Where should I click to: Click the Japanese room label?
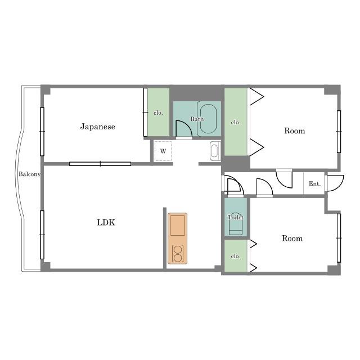point(97,127)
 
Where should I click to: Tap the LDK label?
point(106,222)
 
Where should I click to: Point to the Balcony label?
point(29,174)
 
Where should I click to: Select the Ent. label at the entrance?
point(314,184)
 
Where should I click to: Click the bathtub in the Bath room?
point(208,119)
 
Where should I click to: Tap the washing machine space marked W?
point(163,151)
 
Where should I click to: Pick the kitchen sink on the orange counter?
point(178,226)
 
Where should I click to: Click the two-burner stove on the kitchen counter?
point(178,254)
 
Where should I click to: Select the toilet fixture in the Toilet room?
point(236,227)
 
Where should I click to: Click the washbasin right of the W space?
point(215,151)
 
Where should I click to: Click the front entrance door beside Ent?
point(335,183)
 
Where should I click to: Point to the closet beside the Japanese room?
point(159,112)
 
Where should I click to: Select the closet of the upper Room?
point(236,122)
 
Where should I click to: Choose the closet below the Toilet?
point(236,256)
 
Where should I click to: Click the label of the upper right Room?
point(295,130)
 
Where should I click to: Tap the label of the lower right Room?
point(292,238)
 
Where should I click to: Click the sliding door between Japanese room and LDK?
point(100,164)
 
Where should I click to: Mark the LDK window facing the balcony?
point(42,235)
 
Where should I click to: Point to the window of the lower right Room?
point(339,238)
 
